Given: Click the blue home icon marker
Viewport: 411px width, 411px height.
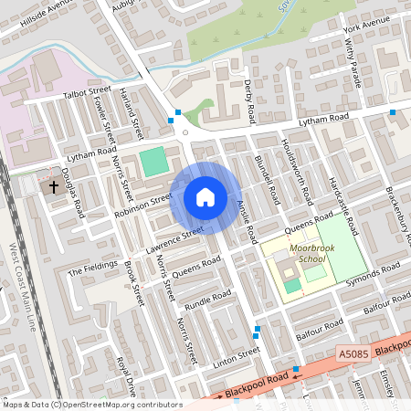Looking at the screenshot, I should click(205, 197).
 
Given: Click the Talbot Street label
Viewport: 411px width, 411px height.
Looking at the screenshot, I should click(86, 94).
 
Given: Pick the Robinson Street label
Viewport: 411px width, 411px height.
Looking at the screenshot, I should click(143, 205).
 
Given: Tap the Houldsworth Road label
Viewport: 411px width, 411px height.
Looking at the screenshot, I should click(298, 171).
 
